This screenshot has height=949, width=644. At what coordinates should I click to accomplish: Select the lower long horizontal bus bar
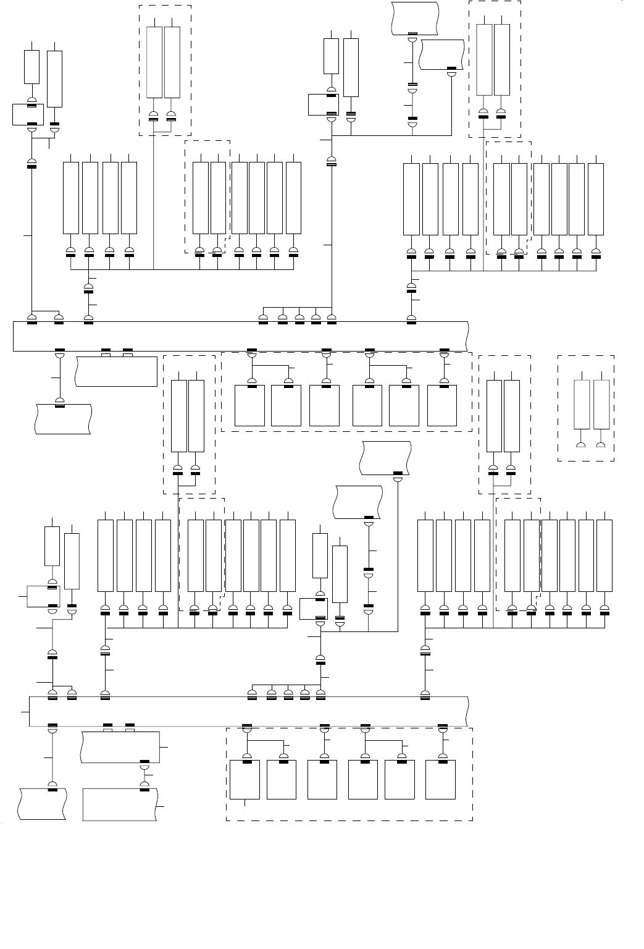[x=247, y=711]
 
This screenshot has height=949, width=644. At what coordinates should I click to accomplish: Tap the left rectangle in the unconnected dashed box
[x=582, y=404]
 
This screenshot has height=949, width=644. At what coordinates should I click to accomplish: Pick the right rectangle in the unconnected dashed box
[x=601, y=404]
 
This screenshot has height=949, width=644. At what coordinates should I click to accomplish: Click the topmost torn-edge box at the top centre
[x=415, y=18]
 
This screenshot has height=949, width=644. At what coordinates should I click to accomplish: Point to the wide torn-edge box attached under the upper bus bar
[x=116, y=371]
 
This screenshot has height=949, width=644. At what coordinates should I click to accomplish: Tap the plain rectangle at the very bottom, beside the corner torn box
[x=120, y=804]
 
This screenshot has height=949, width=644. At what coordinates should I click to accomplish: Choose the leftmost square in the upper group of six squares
[x=250, y=405]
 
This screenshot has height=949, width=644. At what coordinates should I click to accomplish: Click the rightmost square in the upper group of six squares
[x=442, y=405]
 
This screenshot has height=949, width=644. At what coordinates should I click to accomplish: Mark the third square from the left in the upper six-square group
[x=324, y=405]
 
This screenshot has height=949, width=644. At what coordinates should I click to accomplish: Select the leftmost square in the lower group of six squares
[x=245, y=780]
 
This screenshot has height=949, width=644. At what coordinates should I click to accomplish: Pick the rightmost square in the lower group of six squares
[x=441, y=780]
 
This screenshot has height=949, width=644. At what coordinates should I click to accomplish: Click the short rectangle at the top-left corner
[x=31, y=67]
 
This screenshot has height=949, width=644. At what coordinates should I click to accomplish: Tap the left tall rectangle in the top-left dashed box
[x=154, y=62]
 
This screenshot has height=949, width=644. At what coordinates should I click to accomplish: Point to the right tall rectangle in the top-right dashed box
[x=502, y=60]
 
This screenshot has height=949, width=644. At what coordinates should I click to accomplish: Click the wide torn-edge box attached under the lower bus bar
[x=120, y=747]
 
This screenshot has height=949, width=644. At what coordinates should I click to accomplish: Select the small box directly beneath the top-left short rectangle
[x=28, y=115]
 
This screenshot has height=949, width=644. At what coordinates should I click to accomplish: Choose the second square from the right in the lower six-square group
[x=399, y=780]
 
